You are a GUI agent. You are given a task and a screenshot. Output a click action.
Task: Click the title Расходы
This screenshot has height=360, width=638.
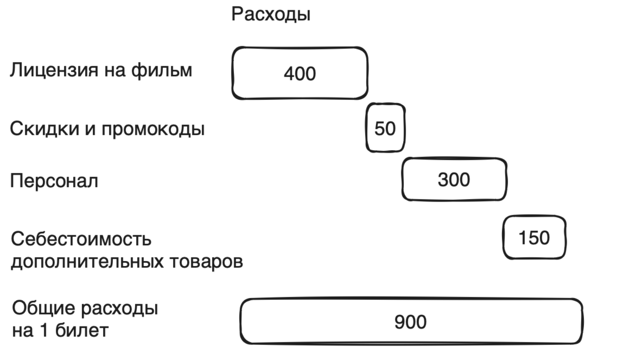point(270,14)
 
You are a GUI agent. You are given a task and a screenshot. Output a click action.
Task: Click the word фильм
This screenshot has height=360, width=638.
point(161,70)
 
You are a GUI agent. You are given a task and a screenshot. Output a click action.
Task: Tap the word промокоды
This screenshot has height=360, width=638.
point(153,129)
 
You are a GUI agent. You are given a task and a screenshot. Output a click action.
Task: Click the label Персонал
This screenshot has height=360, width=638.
point(54,181)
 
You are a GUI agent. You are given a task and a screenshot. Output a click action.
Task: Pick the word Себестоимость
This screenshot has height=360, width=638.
point(81,239)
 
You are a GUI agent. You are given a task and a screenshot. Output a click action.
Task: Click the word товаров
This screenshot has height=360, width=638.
point(207,261)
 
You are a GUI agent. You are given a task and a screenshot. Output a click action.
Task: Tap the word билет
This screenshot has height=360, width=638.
point(82,330)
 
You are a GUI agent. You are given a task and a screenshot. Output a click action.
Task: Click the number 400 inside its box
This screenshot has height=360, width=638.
point(300,73)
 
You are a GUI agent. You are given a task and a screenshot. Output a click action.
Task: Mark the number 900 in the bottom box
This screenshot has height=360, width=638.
point(410,322)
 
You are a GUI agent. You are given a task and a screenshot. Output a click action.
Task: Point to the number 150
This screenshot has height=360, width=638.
point(534,238)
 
